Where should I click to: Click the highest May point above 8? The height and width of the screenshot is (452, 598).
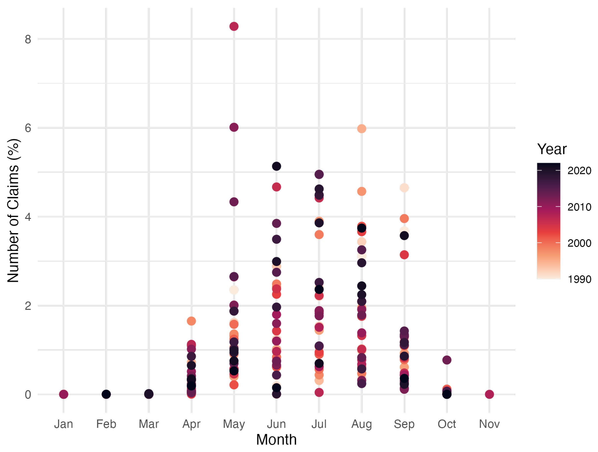click(234, 26)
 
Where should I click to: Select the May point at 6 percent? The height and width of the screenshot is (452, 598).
click(234, 127)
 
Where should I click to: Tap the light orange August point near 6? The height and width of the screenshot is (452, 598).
click(362, 129)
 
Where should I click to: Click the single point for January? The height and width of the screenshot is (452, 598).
click(64, 394)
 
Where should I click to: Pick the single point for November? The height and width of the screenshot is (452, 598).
click(489, 394)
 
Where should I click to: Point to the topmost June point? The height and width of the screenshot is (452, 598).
click(276, 166)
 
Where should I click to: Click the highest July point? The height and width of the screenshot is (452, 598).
click(319, 174)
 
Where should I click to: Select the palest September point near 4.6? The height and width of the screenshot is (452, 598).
click(404, 188)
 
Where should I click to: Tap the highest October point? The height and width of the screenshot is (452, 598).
click(447, 360)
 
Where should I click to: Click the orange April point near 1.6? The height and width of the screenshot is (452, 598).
click(191, 321)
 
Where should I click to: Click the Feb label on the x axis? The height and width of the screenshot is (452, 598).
click(106, 424)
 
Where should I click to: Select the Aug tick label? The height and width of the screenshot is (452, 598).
click(362, 424)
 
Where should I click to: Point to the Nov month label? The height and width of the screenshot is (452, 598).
click(489, 424)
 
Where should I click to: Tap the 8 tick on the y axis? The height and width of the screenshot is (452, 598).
click(28, 40)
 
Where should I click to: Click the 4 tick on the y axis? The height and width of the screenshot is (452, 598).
click(28, 217)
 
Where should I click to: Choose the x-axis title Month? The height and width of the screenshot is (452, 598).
click(276, 440)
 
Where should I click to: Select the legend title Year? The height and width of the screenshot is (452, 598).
click(552, 149)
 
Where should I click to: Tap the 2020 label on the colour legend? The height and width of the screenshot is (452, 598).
click(579, 171)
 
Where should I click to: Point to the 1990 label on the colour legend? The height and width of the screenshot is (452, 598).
click(579, 279)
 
